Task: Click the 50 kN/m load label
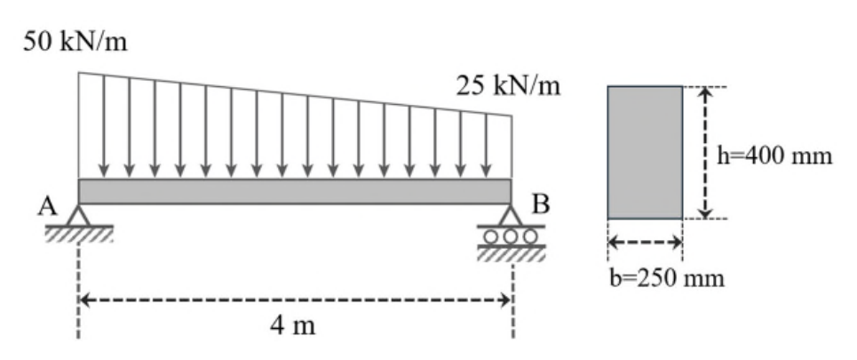(75, 42)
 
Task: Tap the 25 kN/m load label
(508, 85)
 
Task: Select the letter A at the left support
(48, 207)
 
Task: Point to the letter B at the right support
(541, 204)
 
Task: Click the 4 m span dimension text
(293, 325)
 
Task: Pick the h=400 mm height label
(774, 156)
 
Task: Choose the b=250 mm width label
(667, 278)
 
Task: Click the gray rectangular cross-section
(645, 152)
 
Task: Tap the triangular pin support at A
(79, 215)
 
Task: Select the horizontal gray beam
(295, 191)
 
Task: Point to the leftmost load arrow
(104, 126)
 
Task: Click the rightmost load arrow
(486, 146)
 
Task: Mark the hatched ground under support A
(79, 234)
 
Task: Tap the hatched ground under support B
(511, 253)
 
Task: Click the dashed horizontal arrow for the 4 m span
(295, 300)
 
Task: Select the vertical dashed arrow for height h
(706, 152)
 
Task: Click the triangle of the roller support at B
(511, 215)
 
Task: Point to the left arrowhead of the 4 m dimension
(85, 300)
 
